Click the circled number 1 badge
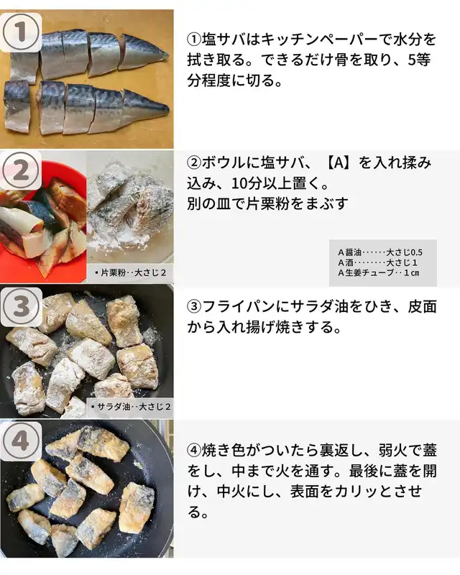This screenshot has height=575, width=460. pos(21,32)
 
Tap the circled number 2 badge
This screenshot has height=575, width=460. pos(21,170)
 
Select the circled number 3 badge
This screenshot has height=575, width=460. pos(21,307)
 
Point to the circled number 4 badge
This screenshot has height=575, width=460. pos(21,441)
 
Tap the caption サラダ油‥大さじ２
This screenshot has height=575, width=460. pos(130,407)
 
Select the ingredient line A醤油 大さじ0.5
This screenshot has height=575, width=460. pos(380,252)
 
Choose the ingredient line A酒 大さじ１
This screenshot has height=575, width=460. pos(378,262)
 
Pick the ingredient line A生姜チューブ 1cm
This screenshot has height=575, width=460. pos(379,273)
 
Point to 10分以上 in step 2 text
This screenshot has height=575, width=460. pos(261,183)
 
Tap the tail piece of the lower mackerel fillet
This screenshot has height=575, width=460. pos(144,107)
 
